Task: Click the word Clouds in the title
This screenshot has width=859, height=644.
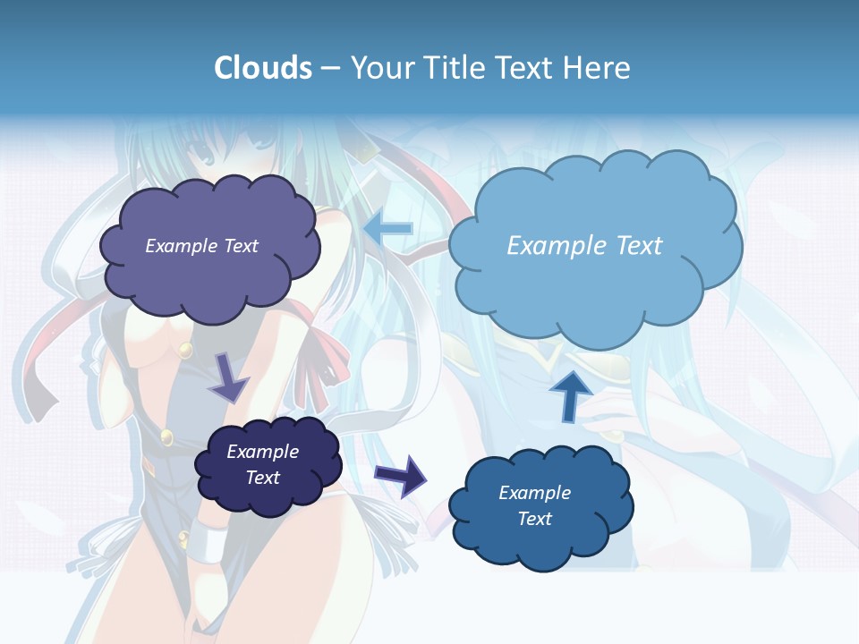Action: [263, 67]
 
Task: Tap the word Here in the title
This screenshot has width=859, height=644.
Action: [598, 67]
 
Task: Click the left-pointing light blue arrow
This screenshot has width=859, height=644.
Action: [388, 228]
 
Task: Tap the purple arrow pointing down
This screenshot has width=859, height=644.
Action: [229, 377]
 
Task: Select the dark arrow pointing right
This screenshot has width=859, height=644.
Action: [401, 474]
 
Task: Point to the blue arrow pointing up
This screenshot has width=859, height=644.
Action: [570, 394]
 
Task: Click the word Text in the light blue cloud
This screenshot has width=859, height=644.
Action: [639, 245]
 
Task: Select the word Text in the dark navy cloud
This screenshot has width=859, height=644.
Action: [262, 478]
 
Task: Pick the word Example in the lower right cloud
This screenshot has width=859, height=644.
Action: [534, 493]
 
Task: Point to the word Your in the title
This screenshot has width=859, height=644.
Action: [379, 67]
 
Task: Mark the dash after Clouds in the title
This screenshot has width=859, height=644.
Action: [329, 68]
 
